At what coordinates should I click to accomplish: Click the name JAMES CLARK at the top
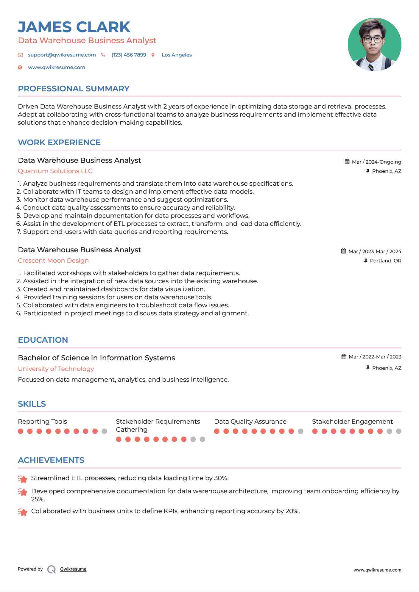point(74,27)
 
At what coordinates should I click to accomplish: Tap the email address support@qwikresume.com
point(62,55)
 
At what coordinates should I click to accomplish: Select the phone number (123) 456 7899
point(129,55)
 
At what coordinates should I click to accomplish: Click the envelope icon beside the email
point(20,55)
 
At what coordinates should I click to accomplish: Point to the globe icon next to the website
point(20,68)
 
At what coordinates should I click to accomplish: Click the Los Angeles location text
point(177,55)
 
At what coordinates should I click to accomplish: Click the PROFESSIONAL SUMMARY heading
point(74,89)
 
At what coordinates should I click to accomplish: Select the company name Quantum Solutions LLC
point(55,171)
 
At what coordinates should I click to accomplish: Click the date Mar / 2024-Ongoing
point(376,162)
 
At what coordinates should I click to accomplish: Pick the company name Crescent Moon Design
point(53,261)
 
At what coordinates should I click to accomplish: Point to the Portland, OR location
point(385,261)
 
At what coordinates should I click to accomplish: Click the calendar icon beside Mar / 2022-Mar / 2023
point(344,357)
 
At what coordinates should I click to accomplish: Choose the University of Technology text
point(56,369)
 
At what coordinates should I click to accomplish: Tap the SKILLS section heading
point(32,404)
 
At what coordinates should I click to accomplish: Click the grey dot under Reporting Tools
point(104,431)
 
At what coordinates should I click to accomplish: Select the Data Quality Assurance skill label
point(250,422)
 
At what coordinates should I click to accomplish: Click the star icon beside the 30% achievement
point(22,479)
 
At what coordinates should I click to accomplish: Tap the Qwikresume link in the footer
point(73,569)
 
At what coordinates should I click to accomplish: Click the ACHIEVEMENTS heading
point(51,460)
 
